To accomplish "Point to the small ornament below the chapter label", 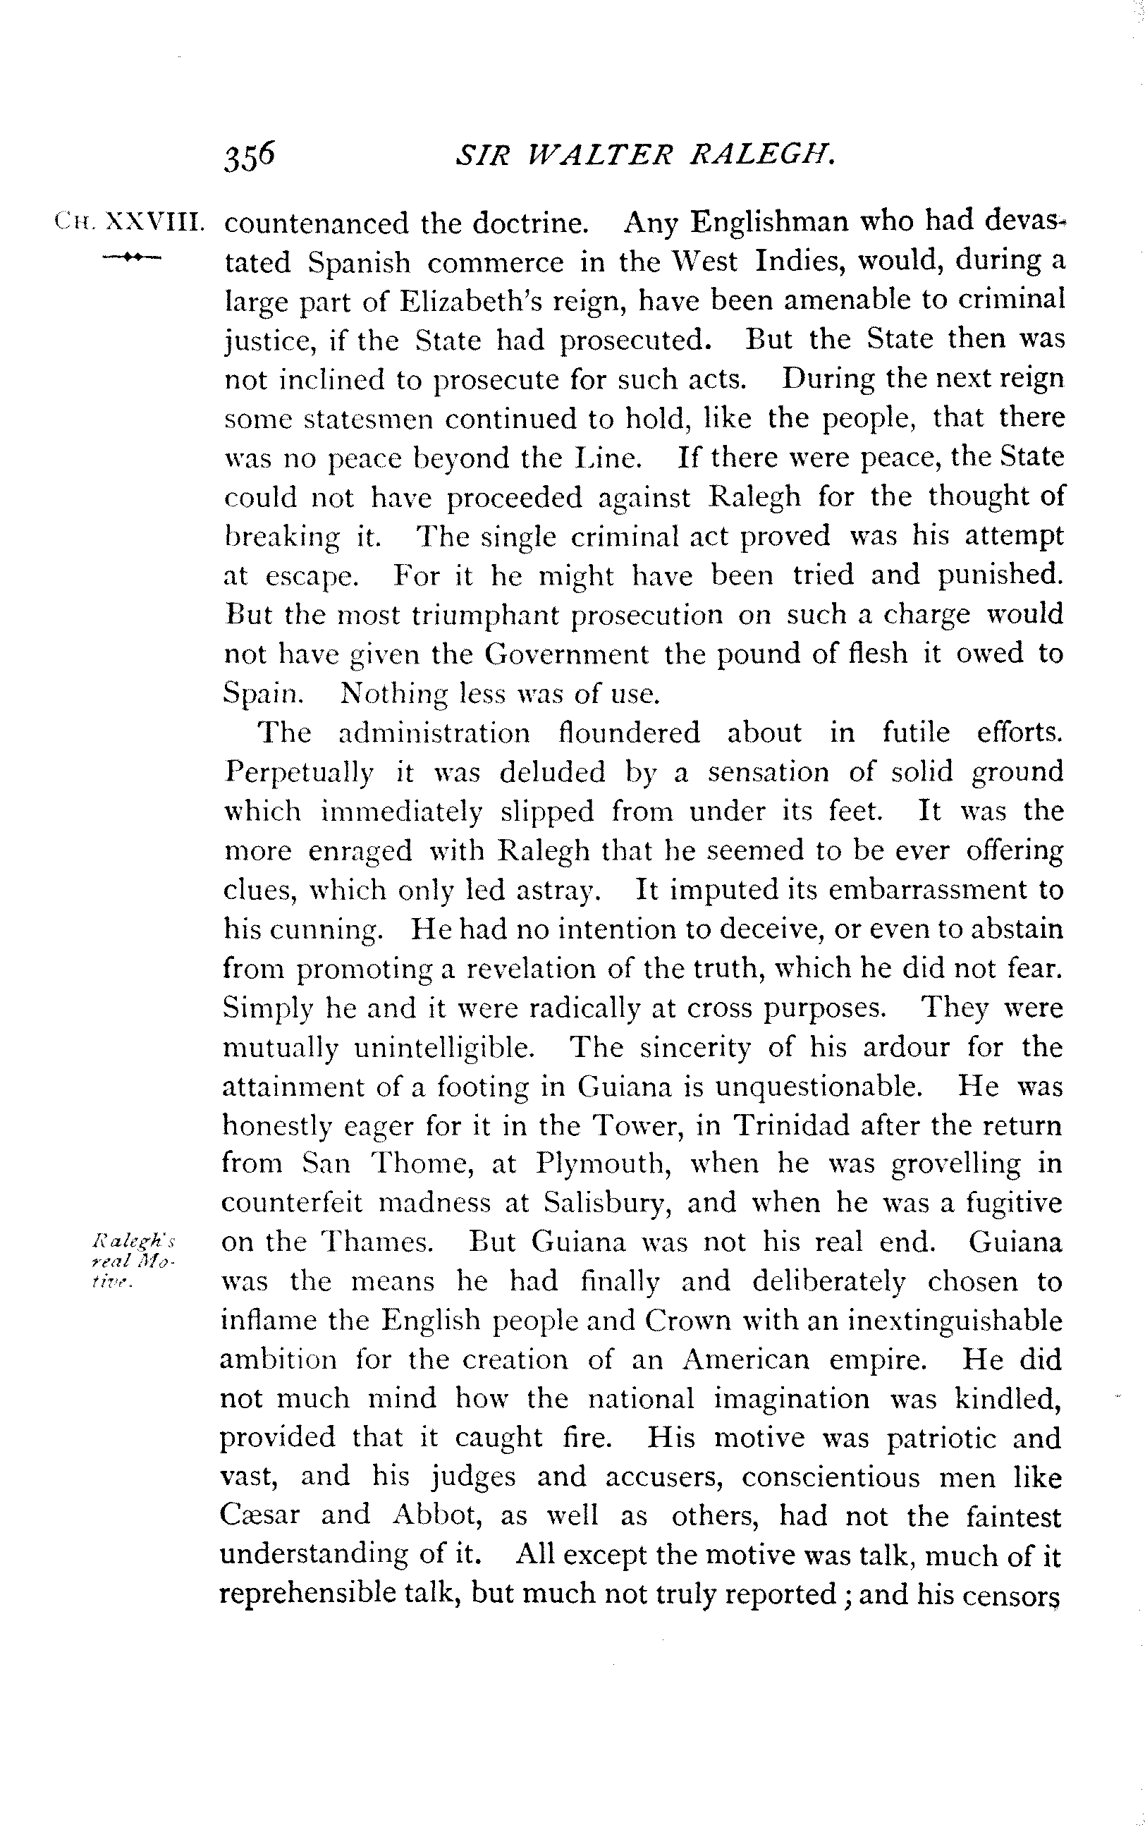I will click(x=131, y=257).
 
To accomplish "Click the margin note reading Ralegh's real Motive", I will click(x=133, y=1261).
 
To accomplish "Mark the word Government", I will click(x=565, y=654).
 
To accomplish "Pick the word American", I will click(x=746, y=1359).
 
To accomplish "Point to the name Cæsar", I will click(x=259, y=1515).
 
